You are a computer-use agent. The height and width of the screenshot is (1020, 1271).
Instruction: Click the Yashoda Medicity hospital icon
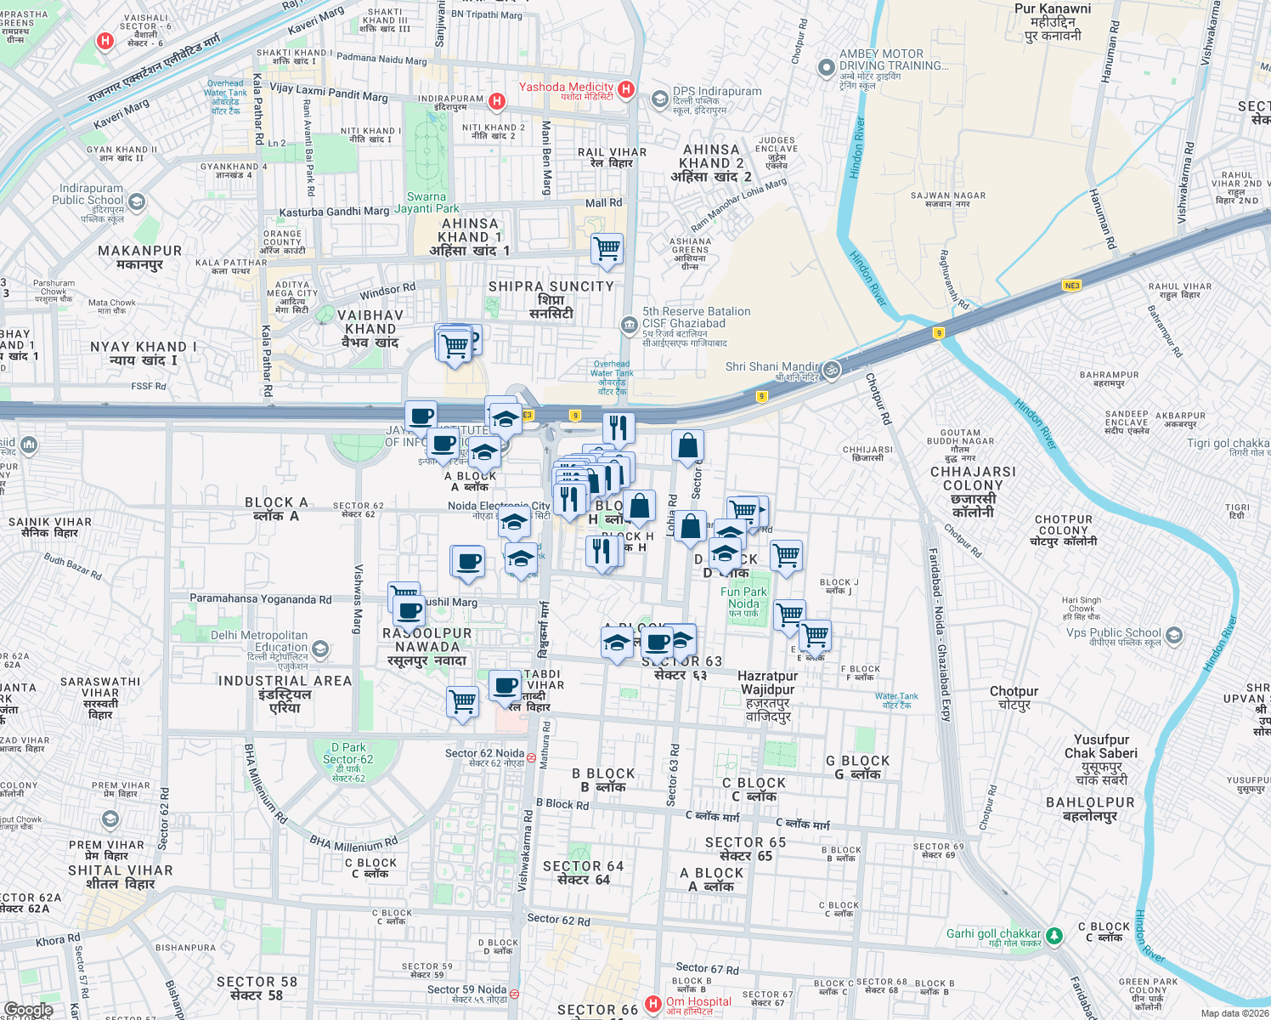(626, 88)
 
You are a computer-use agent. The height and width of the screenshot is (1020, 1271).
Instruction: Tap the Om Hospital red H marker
(652, 1004)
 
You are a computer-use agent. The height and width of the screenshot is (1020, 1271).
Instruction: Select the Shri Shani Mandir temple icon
(832, 369)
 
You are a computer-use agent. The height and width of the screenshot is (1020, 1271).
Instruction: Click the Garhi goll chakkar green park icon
(1054, 935)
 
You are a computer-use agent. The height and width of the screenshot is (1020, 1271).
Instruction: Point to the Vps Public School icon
(1173, 635)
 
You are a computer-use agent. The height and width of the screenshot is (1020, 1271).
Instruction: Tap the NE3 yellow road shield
(1072, 286)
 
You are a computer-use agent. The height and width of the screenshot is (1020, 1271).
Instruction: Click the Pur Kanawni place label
(1053, 22)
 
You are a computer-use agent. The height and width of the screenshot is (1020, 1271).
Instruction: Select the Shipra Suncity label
(551, 299)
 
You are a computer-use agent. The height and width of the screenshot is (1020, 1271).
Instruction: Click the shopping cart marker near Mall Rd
(607, 249)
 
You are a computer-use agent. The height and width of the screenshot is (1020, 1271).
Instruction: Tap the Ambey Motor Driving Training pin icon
(826, 67)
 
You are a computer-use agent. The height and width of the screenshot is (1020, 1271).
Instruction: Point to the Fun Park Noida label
(743, 598)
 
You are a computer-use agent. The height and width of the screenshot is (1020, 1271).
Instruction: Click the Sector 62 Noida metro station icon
(531, 757)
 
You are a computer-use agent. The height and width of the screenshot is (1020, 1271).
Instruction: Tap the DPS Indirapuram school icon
(659, 99)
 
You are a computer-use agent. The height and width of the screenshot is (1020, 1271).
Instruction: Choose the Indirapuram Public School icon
(137, 202)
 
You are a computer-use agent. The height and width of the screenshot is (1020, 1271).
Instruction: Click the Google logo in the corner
(28, 1010)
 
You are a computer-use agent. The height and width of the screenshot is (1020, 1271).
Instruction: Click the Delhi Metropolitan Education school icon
(320, 650)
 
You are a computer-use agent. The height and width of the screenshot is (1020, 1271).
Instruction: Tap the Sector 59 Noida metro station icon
(514, 994)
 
